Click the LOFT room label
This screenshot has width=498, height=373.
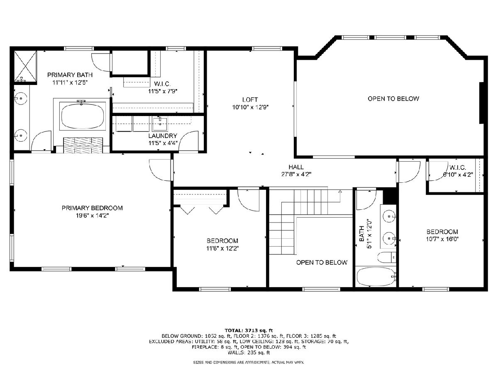coord(250,99)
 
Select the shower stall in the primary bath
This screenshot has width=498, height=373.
coord(25,66)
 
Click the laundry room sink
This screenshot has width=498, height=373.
coord(160,124)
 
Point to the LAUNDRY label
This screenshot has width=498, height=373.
coord(163,136)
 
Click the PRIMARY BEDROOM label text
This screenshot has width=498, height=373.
coord(92,208)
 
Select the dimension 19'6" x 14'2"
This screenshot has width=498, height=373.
coord(93,216)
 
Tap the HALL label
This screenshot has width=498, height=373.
coord(296,167)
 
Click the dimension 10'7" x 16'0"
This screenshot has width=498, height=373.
coord(442,239)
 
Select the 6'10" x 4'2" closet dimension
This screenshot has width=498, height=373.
coord(458,175)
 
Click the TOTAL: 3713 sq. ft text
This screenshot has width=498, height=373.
coord(249,330)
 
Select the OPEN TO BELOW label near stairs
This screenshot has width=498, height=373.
coord(322,262)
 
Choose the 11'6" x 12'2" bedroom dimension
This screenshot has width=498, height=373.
coord(222,248)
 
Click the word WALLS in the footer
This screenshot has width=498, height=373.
coord(236,352)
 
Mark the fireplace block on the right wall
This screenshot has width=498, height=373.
coord(481,103)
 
